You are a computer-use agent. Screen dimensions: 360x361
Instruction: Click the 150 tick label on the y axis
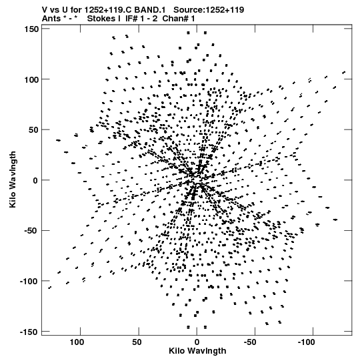coord(31,29)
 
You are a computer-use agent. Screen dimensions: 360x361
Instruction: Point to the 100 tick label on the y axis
coord(31,79)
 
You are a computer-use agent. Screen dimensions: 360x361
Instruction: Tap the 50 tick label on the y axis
coord(33,130)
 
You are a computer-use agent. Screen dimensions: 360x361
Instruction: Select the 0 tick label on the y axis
coord(35,180)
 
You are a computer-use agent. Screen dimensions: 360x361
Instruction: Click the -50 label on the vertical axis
coord(31,231)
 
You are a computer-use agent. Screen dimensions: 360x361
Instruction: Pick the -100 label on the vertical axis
coord(29,282)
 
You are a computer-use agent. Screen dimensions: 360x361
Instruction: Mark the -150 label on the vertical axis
coord(29,332)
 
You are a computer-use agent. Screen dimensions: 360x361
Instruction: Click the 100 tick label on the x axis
coord(77,342)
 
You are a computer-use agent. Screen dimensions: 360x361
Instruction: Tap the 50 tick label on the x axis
coord(137,342)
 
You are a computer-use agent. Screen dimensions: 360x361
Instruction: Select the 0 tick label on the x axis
coord(197,342)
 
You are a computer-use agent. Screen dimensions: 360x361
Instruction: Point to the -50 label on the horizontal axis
coord(250,342)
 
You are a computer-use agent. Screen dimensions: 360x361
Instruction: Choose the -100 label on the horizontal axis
coord(306,342)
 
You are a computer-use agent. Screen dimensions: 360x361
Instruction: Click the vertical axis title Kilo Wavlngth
coord(13,179)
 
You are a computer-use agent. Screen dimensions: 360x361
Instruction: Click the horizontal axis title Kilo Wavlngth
coord(197,351)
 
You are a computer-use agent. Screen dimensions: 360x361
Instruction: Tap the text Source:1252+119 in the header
coord(209,10)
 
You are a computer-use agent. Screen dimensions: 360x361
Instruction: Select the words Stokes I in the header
coord(104,19)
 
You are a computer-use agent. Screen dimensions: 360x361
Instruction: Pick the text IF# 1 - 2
coord(141,19)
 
